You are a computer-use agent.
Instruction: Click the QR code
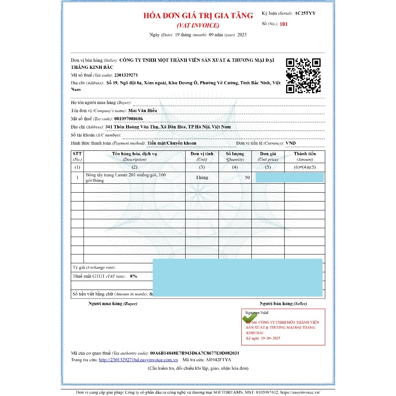click(x=303, y=76)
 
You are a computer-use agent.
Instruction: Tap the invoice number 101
click(x=283, y=24)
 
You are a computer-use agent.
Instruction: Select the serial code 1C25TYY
click(x=305, y=13)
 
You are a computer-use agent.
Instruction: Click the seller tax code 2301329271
click(x=126, y=75)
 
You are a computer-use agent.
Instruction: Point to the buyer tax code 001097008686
click(x=128, y=119)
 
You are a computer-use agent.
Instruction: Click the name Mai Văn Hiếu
click(x=143, y=111)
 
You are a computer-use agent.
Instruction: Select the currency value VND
click(x=290, y=143)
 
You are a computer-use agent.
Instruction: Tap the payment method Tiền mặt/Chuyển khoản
click(x=172, y=143)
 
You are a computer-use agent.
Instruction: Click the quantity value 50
click(x=247, y=178)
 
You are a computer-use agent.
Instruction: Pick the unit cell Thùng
click(x=202, y=178)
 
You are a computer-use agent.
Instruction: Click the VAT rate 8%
click(x=133, y=276)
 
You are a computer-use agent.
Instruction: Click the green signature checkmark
click(x=249, y=318)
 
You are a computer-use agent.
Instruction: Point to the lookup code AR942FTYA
click(x=218, y=360)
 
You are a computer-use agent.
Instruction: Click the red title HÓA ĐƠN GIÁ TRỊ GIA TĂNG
click(x=198, y=16)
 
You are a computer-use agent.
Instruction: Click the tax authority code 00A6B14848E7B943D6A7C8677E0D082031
click(x=195, y=353)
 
